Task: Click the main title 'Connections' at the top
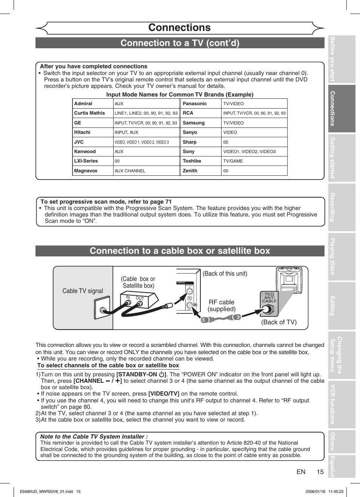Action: click(180, 28)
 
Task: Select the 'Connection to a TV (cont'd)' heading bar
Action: click(180, 43)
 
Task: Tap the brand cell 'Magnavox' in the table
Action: click(86, 171)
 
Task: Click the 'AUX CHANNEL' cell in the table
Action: click(130, 171)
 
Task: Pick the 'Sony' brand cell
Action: click(189, 152)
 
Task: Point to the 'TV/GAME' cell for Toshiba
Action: click(233, 161)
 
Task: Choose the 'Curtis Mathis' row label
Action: click(89, 113)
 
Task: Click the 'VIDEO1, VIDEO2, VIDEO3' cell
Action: click(249, 152)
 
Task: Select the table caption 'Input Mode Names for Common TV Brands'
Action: click(180, 95)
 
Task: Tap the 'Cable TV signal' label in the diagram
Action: click(83, 291)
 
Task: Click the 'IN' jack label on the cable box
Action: click(128, 298)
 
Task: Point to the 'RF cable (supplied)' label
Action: click(222, 305)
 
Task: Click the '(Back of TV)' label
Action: click(278, 322)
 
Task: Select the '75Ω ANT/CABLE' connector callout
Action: click(269, 298)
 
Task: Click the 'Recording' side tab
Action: click(342, 207)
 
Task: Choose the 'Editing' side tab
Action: click(342, 305)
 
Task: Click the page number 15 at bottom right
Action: click(320, 472)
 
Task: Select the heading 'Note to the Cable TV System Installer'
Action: click(94, 436)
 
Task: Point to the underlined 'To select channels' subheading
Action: click(108, 365)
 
